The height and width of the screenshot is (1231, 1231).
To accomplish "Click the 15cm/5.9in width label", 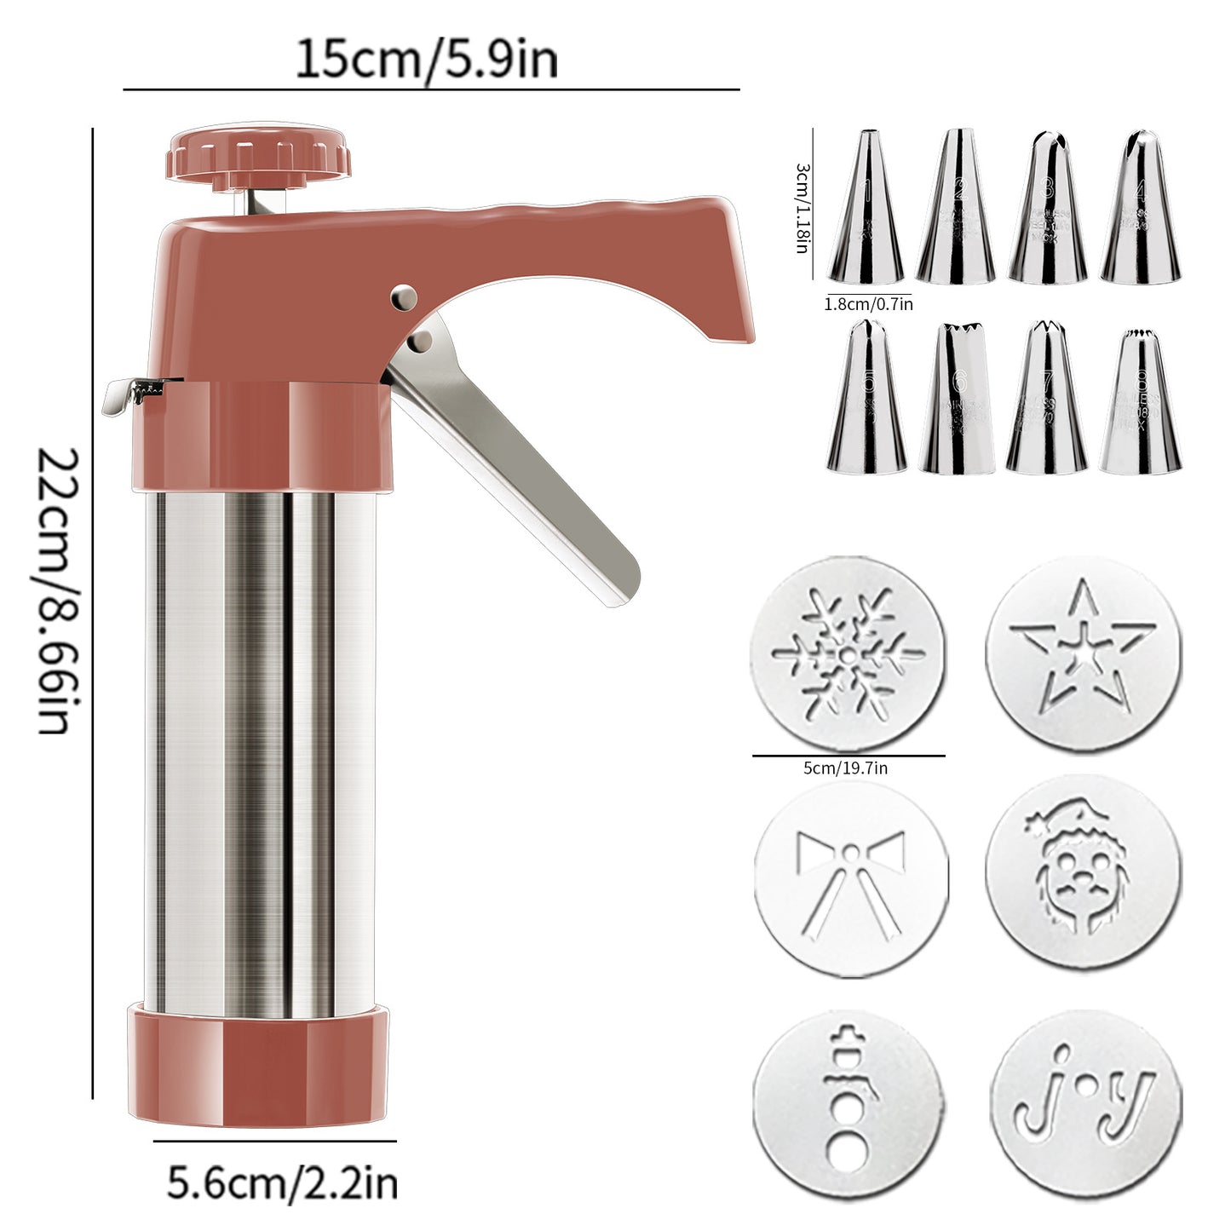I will [426, 60].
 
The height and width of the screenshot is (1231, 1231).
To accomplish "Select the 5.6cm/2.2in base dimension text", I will [282, 1183].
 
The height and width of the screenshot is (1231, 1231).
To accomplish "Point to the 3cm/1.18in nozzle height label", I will [802, 209].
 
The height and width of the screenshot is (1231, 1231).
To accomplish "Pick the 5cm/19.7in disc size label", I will [845, 768].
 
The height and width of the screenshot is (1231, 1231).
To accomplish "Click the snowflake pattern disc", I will [848, 654].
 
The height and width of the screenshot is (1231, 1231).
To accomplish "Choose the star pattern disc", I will [1083, 654].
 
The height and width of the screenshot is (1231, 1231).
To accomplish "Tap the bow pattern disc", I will [851, 877].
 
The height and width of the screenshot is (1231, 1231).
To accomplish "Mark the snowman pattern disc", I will [848, 1104].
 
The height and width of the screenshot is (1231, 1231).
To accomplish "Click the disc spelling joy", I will [1085, 1104].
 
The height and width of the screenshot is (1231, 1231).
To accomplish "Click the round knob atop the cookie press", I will [258, 153].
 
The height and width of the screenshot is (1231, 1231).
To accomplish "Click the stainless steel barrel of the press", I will [260, 750].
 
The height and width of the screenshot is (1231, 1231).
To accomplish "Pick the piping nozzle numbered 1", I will [866, 209].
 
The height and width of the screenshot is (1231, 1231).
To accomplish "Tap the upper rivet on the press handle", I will [405, 296].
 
